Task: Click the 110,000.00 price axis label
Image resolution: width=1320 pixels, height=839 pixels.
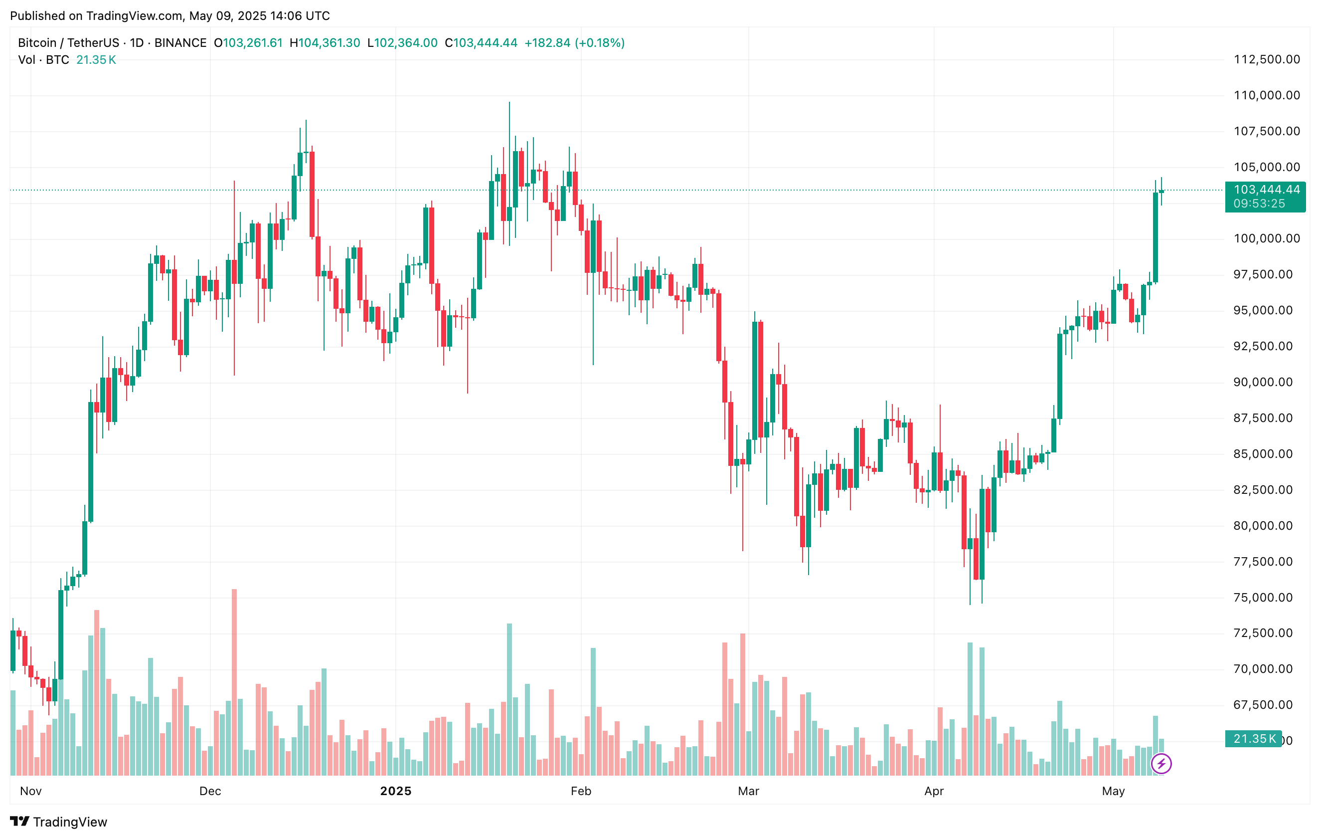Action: pos(1266,95)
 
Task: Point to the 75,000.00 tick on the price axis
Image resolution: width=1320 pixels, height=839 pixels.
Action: pos(1266,597)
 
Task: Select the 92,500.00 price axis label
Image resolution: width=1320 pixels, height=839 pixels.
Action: pos(1266,346)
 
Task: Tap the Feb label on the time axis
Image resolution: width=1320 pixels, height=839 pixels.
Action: pos(581,791)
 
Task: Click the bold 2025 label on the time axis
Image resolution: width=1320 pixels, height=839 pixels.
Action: pos(395,791)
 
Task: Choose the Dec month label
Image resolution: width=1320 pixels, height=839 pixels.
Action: pos(210,791)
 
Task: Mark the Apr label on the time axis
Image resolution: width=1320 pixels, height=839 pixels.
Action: pos(934,791)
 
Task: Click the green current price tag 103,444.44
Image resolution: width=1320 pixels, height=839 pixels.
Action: pos(1266,190)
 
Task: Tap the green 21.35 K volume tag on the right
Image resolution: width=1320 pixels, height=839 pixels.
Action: pos(1254,739)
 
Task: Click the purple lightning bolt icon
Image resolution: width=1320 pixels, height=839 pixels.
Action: pos(1161,763)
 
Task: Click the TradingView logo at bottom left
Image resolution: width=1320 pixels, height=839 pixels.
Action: pos(59,822)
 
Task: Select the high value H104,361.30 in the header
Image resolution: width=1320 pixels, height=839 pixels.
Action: pos(325,43)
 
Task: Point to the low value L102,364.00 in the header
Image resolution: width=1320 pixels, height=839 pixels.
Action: pos(402,43)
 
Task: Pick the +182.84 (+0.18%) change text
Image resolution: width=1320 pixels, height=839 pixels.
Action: pos(574,43)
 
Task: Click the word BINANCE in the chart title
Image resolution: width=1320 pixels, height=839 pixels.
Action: pos(180,43)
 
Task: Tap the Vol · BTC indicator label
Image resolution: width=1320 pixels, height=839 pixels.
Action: pos(43,60)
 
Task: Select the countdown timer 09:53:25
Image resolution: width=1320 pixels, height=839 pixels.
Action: pos(1259,204)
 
